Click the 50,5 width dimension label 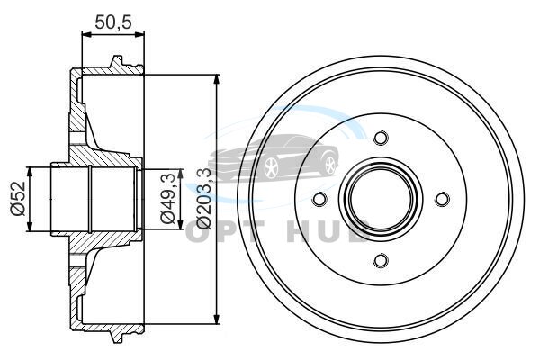coord(113,22)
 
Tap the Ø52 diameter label coord(19,199)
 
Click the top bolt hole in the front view coord(381,138)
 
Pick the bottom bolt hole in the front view coord(381,260)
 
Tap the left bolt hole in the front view coord(319,199)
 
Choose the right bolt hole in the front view coord(442,199)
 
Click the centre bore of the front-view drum coord(381,199)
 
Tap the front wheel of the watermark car coord(272,168)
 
